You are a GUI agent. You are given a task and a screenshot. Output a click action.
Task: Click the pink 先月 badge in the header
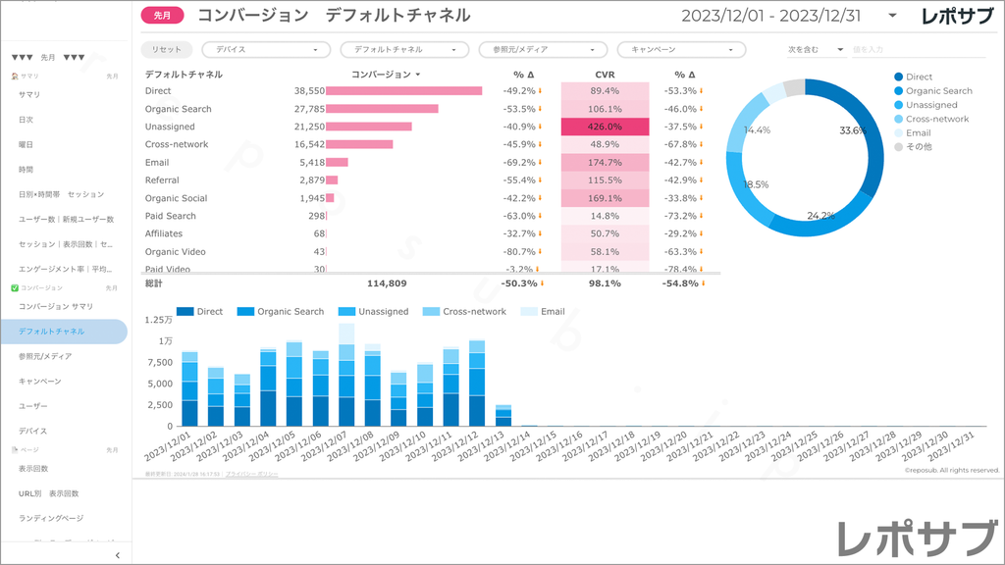162,16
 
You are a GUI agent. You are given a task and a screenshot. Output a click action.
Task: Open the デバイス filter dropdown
266,49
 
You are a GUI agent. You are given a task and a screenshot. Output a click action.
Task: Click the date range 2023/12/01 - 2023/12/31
772,16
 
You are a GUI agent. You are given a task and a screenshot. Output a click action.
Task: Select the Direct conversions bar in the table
403,91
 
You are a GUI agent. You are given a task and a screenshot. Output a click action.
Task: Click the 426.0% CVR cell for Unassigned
605,127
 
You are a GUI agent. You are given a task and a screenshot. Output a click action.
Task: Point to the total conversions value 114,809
387,283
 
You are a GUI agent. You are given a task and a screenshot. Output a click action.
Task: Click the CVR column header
605,75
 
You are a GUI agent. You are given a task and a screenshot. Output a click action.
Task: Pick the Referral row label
162,180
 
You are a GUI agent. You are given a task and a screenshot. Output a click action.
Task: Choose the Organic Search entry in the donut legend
938,91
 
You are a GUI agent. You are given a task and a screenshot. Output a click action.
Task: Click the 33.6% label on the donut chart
853,130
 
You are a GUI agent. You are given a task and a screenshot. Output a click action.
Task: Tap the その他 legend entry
919,147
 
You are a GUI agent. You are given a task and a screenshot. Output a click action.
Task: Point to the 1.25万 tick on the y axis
158,320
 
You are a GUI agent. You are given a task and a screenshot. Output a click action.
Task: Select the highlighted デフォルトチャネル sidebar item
65,332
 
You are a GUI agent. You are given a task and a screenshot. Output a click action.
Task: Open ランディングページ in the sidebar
51,518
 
